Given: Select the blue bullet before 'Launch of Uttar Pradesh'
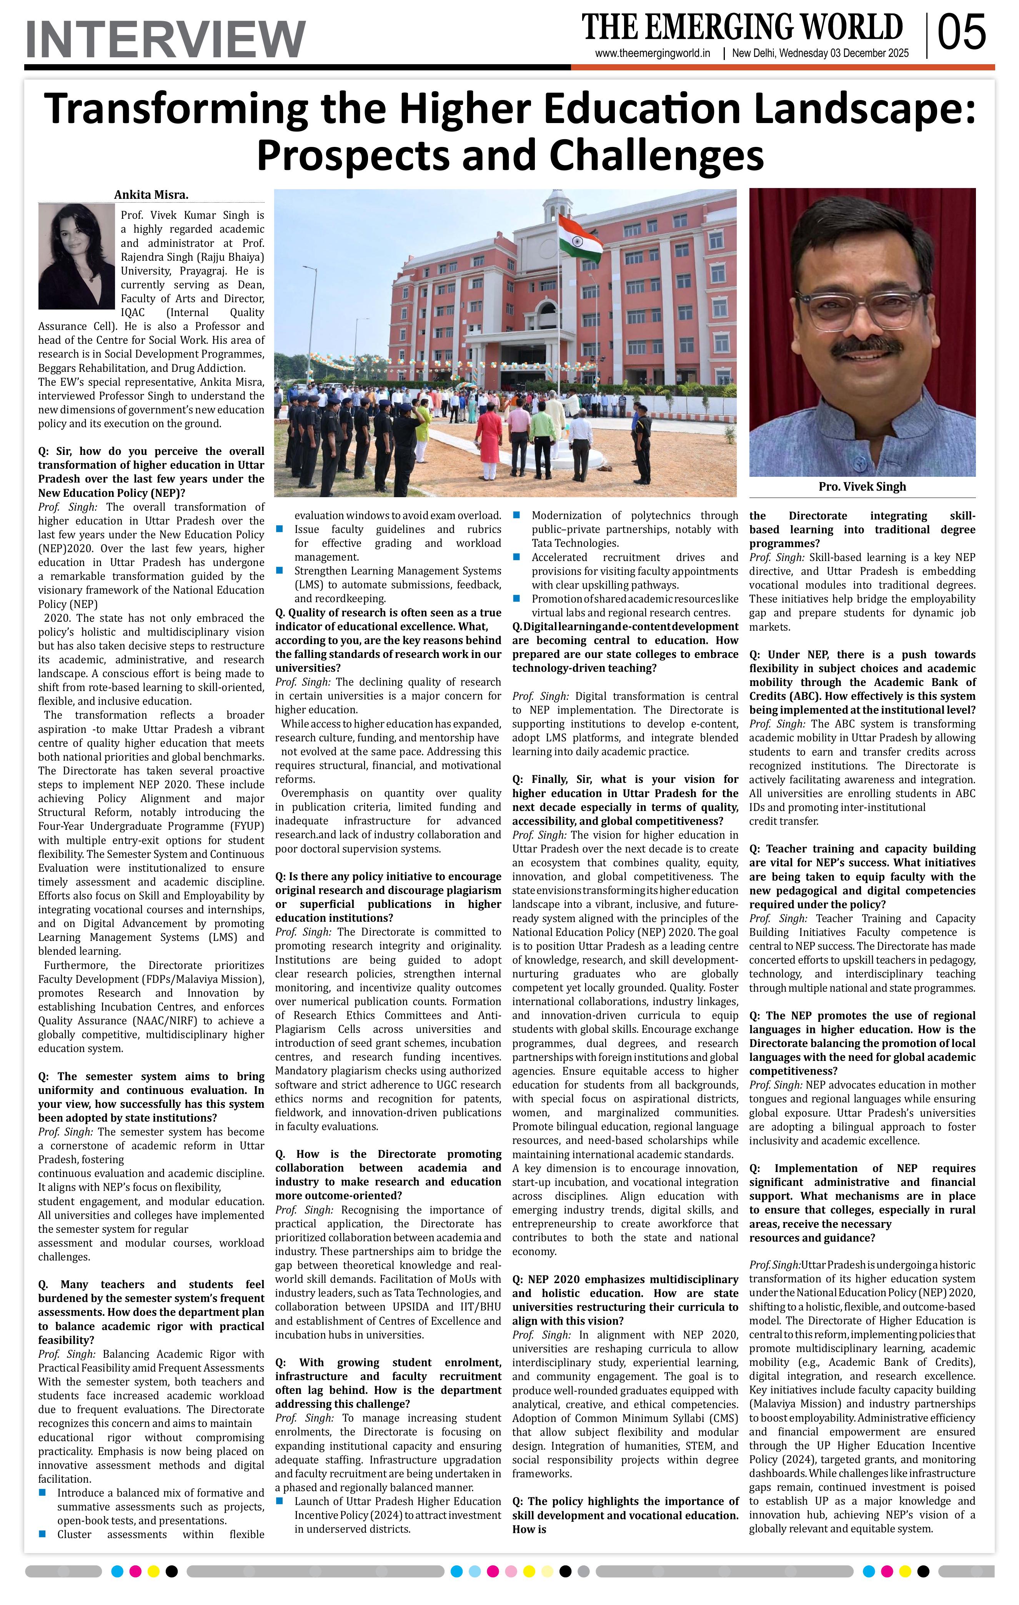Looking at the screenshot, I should [x=280, y=1501].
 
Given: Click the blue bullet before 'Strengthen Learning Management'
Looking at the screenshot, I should [x=280, y=571].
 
